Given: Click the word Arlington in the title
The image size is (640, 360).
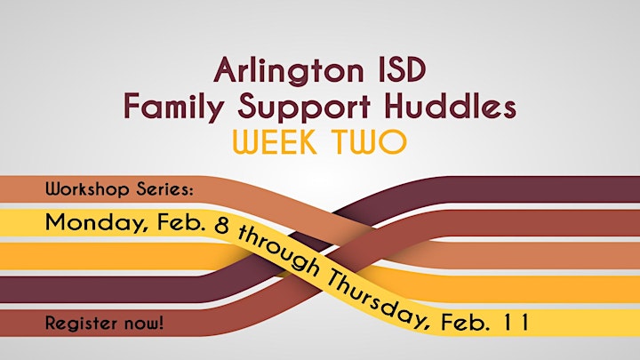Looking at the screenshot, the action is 288,71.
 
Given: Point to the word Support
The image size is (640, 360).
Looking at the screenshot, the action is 304,108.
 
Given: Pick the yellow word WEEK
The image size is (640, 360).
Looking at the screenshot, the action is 275,141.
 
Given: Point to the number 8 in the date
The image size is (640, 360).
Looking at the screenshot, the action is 221,227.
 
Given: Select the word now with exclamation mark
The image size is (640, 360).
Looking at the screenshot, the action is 145,324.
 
